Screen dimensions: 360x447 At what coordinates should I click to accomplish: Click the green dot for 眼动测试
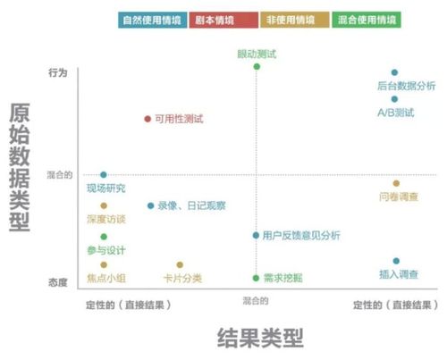(257, 66)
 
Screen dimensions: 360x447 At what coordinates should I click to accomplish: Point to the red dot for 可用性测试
(148, 118)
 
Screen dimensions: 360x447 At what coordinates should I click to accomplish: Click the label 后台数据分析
(407, 86)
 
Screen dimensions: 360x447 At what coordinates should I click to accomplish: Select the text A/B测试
(394, 113)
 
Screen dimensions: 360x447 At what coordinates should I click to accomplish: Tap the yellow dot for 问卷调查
(395, 183)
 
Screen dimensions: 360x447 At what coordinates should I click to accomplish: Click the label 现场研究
(105, 188)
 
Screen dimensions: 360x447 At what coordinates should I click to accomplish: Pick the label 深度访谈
(105, 219)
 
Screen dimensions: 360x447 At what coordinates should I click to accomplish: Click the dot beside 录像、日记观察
(150, 205)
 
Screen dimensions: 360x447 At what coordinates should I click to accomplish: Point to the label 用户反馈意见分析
(301, 236)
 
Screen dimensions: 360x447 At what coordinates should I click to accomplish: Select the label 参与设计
(105, 249)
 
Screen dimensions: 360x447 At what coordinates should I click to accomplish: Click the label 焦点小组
(105, 279)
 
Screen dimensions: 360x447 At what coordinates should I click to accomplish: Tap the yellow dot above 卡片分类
(180, 264)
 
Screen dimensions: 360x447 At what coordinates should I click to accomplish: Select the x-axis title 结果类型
(260, 338)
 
